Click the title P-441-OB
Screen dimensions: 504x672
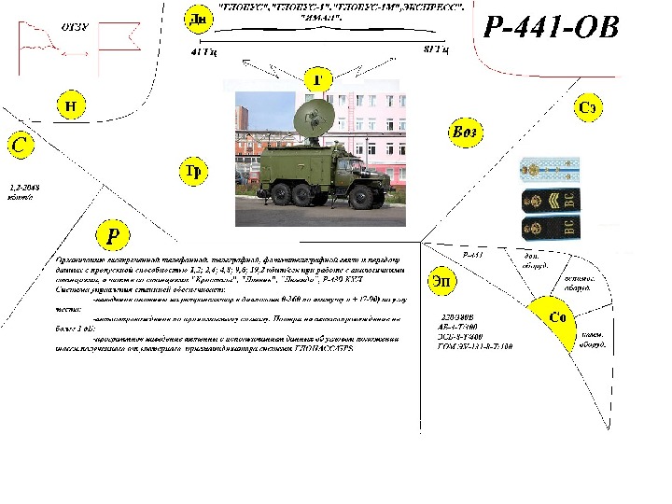point(552,27)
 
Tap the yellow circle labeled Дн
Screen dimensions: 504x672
point(197,19)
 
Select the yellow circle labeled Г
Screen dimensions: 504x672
point(318,79)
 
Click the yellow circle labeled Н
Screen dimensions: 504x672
point(71,105)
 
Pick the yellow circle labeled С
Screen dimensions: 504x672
point(20,146)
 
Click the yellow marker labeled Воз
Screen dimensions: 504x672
point(464,133)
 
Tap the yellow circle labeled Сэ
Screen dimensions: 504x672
point(587,108)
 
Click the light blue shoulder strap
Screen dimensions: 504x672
point(552,168)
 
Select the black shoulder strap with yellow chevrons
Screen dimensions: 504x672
point(551,199)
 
